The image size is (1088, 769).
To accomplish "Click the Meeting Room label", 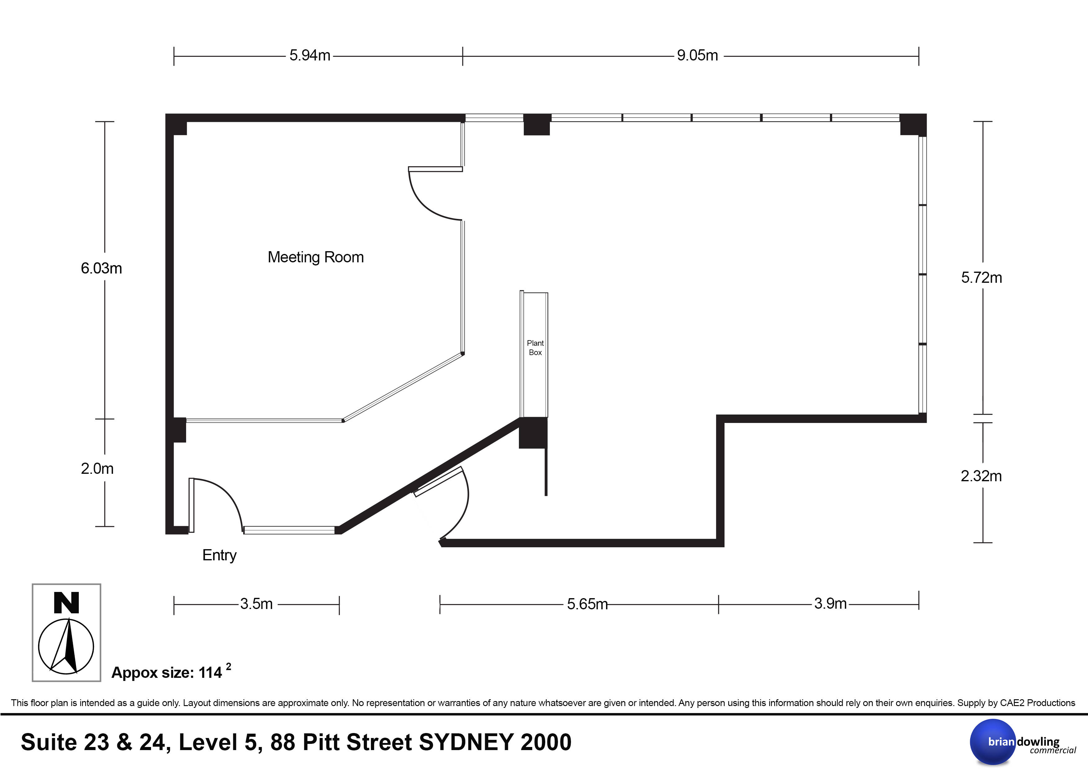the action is click(x=316, y=257).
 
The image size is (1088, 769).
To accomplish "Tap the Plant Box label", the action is click(x=535, y=348).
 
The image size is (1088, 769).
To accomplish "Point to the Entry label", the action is click(x=219, y=555).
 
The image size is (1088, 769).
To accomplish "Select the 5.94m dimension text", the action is click(x=310, y=56).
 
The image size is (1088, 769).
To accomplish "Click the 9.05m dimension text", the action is click(x=697, y=56).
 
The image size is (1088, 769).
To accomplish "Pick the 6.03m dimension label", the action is click(x=101, y=269).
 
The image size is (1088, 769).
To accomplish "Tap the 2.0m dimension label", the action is click(x=97, y=469).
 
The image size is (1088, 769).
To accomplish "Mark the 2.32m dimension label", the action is click(x=981, y=476).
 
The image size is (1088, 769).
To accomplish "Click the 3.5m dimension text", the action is click(x=256, y=604).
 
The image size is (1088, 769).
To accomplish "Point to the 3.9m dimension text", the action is click(x=830, y=604).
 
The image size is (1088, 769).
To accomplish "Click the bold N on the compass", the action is click(x=66, y=603).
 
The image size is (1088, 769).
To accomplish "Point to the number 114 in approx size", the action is click(x=210, y=673).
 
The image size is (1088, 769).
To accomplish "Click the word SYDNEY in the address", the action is click(x=466, y=742).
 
